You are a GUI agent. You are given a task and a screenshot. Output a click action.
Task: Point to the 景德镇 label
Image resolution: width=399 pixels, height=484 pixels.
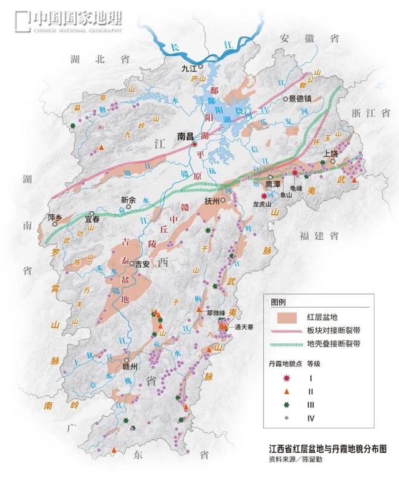(302, 98)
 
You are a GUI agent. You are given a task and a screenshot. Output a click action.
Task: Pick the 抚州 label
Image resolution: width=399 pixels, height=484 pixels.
(213, 201)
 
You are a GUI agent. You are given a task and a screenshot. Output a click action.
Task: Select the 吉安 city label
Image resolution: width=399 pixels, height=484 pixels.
(142, 263)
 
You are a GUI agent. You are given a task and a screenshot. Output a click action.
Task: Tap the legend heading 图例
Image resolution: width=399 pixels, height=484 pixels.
(278, 302)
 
